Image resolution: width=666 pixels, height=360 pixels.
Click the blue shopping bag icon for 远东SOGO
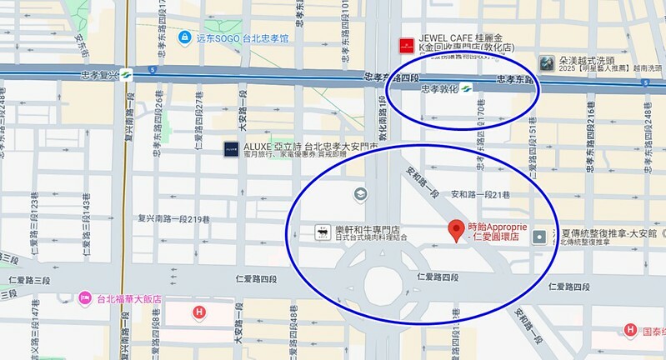tap(184, 37)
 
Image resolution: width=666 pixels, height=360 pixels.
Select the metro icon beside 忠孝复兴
tap(126, 74)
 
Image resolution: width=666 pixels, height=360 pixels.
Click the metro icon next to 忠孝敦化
tap(468, 87)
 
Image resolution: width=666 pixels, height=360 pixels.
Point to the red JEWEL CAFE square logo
tap(406, 42)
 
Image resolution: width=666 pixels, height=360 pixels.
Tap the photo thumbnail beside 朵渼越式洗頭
tap(547, 62)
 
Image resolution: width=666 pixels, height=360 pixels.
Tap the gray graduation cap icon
tap(360, 194)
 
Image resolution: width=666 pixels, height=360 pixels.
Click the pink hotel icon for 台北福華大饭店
tap(84, 298)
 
